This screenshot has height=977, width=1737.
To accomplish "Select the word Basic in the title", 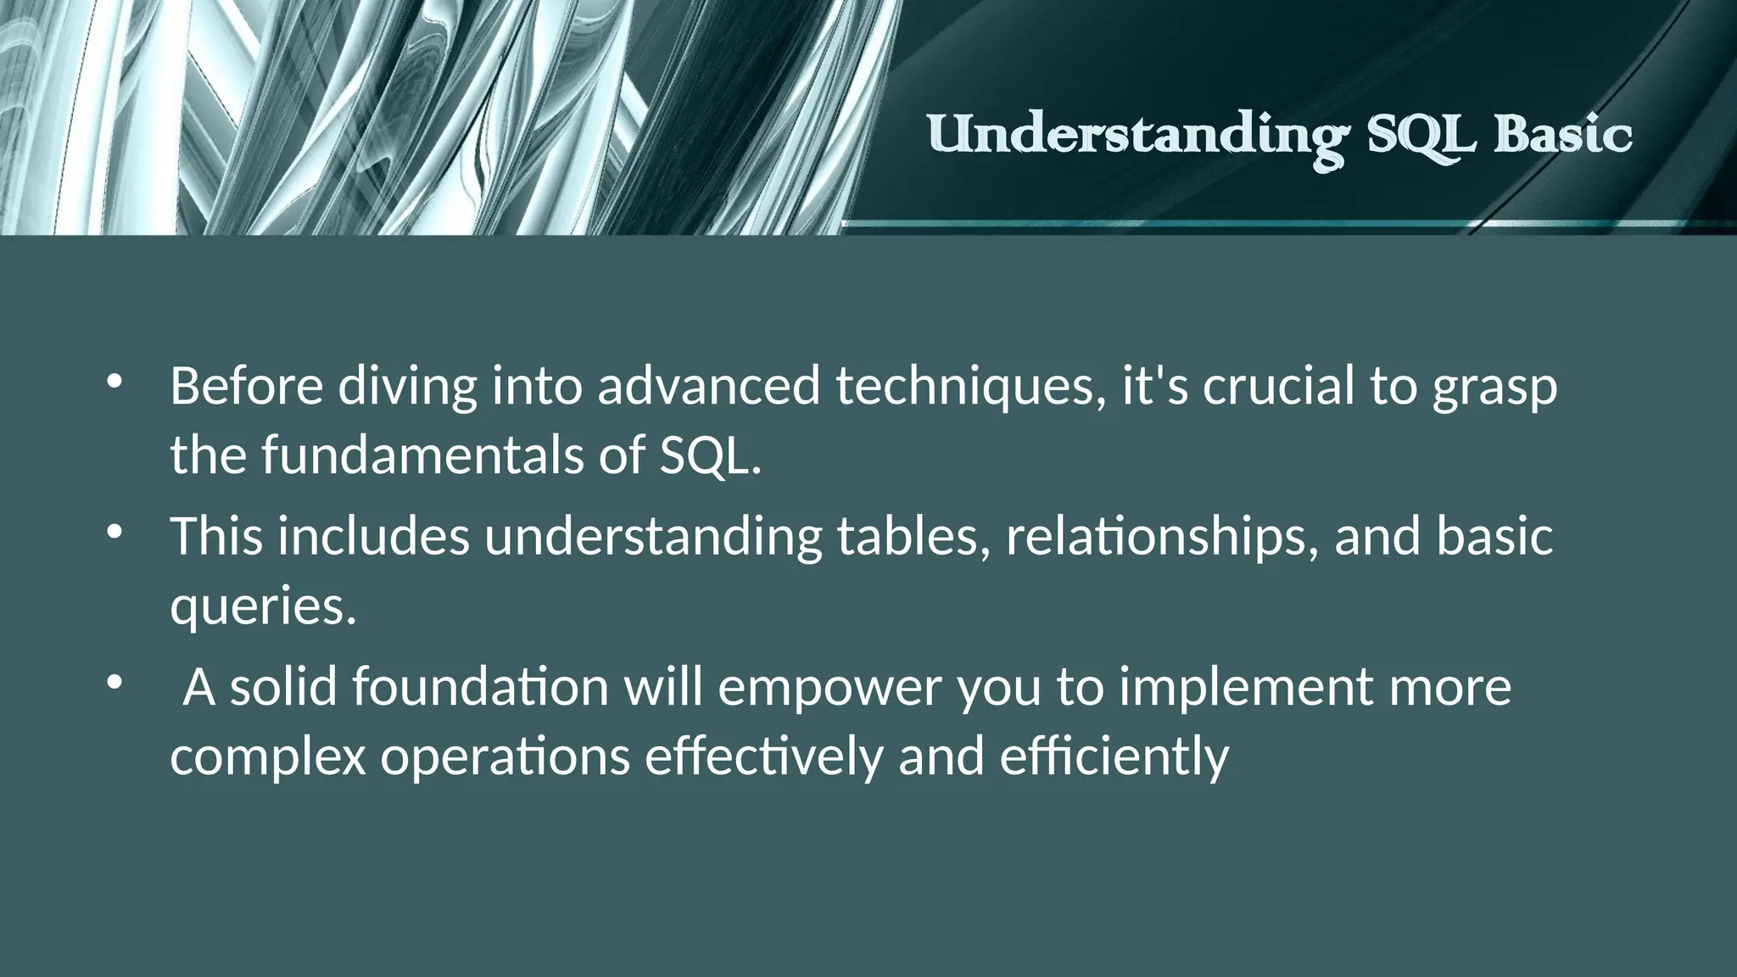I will point(1562,136).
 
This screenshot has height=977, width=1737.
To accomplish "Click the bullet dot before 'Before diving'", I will point(114,382).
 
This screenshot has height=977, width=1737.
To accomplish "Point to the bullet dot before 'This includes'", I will point(114,533).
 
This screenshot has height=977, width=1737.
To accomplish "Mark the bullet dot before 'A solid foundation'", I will point(114,683).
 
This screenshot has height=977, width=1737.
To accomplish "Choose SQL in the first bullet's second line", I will point(709,455).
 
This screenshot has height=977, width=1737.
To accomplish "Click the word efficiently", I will point(1114,757).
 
